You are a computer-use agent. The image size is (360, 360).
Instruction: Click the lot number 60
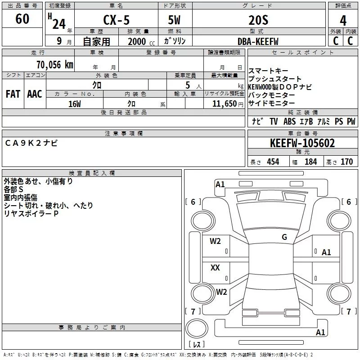(x=22, y=19)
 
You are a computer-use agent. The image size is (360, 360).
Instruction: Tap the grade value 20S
(x=258, y=20)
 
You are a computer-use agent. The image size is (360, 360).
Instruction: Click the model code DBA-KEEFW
(x=258, y=41)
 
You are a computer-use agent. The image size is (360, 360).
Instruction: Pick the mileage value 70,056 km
(x=54, y=65)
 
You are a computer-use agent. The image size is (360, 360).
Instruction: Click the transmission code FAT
(x=13, y=94)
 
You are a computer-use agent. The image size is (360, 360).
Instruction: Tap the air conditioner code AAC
(x=34, y=94)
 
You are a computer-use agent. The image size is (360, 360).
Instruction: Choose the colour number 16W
(x=74, y=104)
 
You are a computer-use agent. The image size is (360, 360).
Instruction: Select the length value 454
(x=273, y=162)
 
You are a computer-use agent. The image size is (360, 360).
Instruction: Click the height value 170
(x=346, y=162)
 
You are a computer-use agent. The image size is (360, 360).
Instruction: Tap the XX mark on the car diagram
(x=215, y=268)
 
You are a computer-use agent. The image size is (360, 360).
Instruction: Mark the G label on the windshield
(x=284, y=237)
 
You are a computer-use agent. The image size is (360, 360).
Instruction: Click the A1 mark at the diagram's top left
(x=220, y=184)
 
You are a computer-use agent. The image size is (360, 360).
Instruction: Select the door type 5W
(x=175, y=21)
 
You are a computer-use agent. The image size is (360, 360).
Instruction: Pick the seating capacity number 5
(x=187, y=85)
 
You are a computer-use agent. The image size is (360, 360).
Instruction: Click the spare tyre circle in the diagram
(x=197, y=328)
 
